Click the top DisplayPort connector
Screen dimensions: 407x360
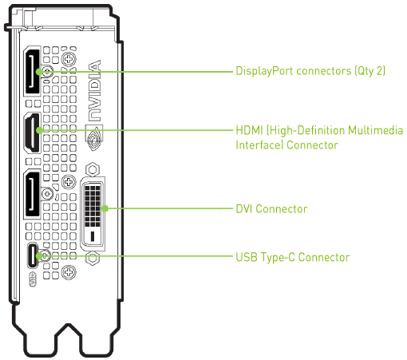[x=32, y=71]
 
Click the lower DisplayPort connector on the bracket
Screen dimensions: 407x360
[x=32, y=194]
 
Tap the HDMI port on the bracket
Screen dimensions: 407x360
[x=32, y=133]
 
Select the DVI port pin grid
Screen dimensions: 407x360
[x=93, y=206]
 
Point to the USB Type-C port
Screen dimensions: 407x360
[x=33, y=255]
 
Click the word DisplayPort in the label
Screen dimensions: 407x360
[x=264, y=71]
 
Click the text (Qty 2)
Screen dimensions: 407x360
[x=370, y=71]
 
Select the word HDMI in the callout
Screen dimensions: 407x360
[x=249, y=130]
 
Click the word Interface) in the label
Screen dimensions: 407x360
[x=259, y=145]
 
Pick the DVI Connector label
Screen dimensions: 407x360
[x=271, y=209]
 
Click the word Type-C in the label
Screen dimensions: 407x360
[x=278, y=258]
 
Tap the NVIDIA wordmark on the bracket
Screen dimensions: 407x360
[x=94, y=90]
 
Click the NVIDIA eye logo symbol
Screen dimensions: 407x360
[x=94, y=137]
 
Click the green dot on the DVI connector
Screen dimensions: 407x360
[x=105, y=208]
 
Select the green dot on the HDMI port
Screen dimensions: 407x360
[x=39, y=130]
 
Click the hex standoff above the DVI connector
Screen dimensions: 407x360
[x=93, y=169]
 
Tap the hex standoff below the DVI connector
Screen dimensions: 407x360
[x=93, y=258]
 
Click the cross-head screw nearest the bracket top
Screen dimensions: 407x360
[x=69, y=59]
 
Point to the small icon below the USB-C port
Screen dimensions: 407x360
[x=33, y=279]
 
